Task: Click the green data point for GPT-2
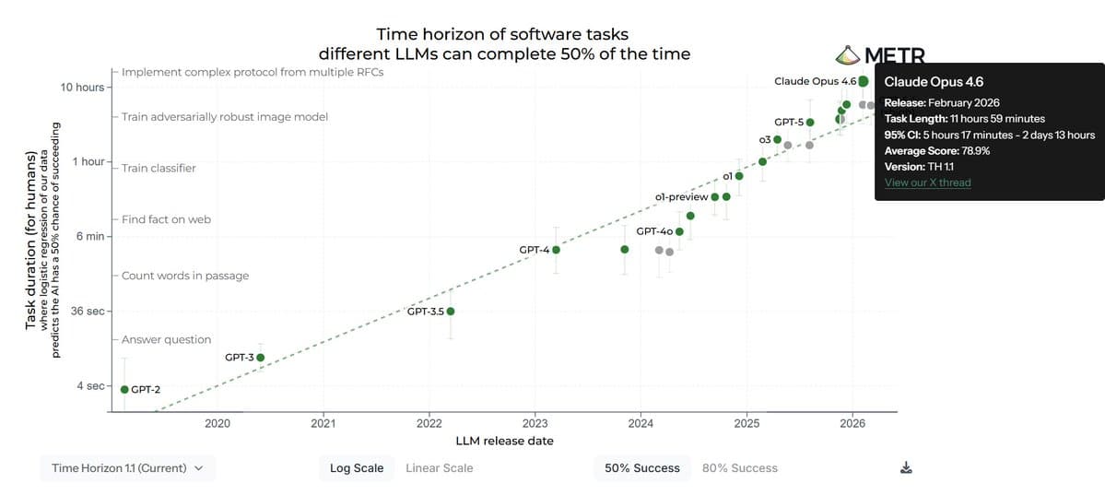[124, 390]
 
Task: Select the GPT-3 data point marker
[261, 358]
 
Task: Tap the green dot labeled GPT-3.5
[451, 312]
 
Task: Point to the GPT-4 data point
[556, 250]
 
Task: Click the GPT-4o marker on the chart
[680, 231]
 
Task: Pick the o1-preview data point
[715, 196]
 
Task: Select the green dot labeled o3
[777, 140]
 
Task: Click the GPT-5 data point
[810, 122]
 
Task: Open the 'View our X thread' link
[927, 183]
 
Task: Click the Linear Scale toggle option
[439, 468]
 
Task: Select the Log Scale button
[357, 468]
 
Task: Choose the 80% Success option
[739, 468]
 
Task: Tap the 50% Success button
[641, 468]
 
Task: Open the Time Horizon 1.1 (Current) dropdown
[127, 468]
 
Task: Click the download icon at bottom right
[906, 468]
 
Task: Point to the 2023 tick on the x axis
[535, 423]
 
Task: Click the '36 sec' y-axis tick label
[88, 312]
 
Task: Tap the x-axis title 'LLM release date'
[505, 442]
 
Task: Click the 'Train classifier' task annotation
[159, 169]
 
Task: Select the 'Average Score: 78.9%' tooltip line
[936, 151]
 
